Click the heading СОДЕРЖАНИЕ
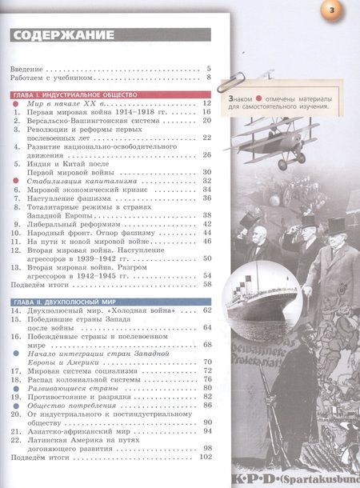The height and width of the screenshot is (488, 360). [64, 35]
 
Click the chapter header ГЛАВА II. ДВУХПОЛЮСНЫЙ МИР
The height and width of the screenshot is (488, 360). [70, 300]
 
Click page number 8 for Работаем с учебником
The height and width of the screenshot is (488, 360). [208, 78]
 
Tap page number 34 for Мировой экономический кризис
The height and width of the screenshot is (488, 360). [206, 190]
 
